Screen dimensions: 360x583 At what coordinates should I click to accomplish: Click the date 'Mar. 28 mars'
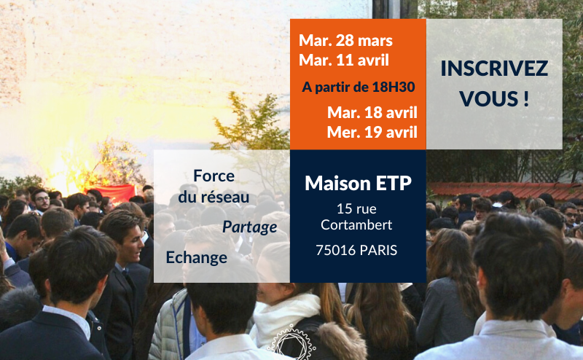[x=345, y=40]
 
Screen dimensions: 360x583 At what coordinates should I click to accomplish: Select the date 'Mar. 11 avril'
[x=344, y=59]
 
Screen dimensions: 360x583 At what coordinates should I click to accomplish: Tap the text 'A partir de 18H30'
[x=359, y=87]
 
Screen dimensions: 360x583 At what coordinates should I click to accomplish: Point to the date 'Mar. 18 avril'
[x=372, y=113]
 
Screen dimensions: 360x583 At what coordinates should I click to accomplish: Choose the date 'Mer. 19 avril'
[x=372, y=132]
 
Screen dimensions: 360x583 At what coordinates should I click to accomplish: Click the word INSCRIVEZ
[x=494, y=69]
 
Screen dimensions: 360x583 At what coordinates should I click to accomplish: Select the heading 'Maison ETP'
[x=358, y=184]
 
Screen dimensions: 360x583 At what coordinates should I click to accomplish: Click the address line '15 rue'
[x=357, y=208]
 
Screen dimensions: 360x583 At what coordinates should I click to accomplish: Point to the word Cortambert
[x=357, y=224]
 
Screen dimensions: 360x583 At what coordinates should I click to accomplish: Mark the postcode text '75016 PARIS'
[x=357, y=250]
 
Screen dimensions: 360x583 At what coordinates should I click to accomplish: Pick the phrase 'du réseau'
[x=214, y=197]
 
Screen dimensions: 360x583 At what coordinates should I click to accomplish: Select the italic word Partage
[x=249, y=227]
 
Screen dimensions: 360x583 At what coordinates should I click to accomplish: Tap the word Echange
[x=197, y=257]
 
